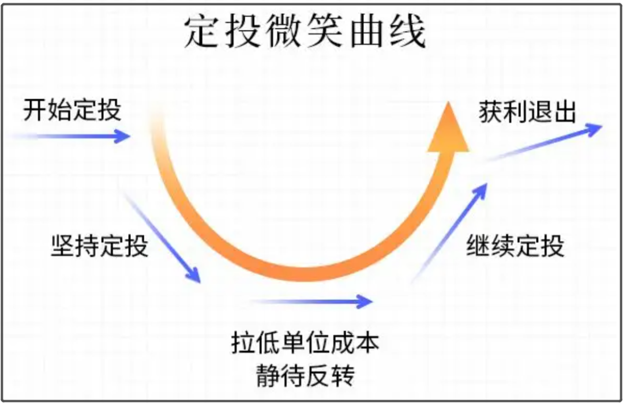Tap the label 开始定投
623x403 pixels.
point(72,109)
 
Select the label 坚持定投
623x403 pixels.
point(99,246)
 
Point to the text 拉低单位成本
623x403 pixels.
point(306,344)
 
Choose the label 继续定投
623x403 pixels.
point(515,246)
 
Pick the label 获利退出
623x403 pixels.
point(527,112)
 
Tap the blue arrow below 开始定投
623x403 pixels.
point(75,137)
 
